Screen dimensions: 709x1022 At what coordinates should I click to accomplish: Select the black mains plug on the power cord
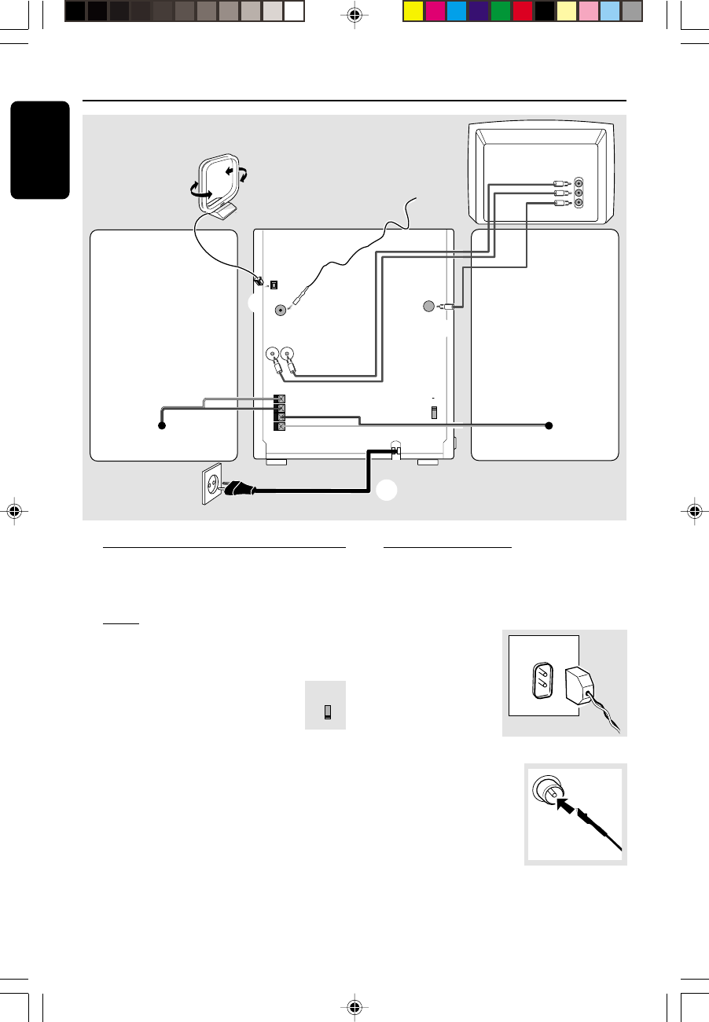click(240, 490)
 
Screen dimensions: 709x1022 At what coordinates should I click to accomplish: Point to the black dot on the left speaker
click(161, 425)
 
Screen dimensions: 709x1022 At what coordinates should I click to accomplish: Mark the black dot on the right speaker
click(549, 425)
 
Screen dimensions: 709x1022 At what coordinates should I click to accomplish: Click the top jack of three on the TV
click(579, 182)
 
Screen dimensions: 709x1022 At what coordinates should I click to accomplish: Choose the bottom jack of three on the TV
click(579, 203)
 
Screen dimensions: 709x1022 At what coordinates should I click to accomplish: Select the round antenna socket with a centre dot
click(281, 310)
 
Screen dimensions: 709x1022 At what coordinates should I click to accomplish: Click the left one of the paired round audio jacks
click(273, 355)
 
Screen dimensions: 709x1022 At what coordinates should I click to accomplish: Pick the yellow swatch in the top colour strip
click(413, 11)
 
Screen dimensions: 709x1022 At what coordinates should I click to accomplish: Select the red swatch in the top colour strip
click(523, 11)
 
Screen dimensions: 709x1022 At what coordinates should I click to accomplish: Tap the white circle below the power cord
click(386, 489)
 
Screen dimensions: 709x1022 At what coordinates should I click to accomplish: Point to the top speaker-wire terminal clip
click(278, 399)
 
